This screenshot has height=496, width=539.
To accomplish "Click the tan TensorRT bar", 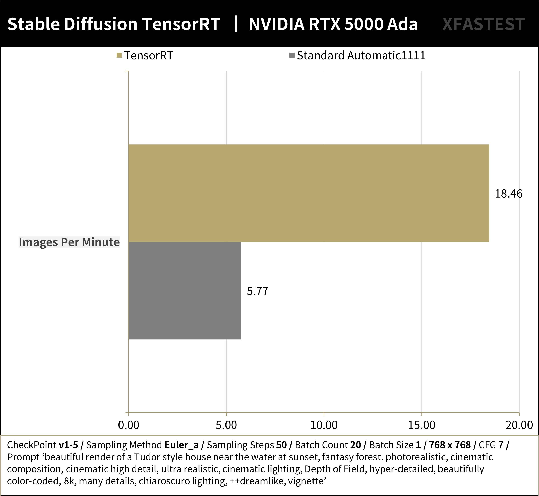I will (x=308, y=193).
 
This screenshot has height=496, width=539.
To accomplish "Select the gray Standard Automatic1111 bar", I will (x=185, y=291).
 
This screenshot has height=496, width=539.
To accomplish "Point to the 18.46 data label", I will (x=508, y=193).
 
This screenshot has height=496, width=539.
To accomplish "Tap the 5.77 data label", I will (x=257, y=291).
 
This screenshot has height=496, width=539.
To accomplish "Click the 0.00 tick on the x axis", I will (x=129, y=425).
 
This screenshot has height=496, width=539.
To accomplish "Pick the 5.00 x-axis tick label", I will (x=226, y=425).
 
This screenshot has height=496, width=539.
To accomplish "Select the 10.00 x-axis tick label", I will (x=324, y=425).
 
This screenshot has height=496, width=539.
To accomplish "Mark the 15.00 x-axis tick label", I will (x=422, y=425).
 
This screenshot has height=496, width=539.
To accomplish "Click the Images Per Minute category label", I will (x=69, y=242).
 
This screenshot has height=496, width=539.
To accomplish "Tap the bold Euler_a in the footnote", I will (x=181, y=445).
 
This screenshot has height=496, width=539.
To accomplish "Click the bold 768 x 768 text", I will (x=450, y=445).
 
